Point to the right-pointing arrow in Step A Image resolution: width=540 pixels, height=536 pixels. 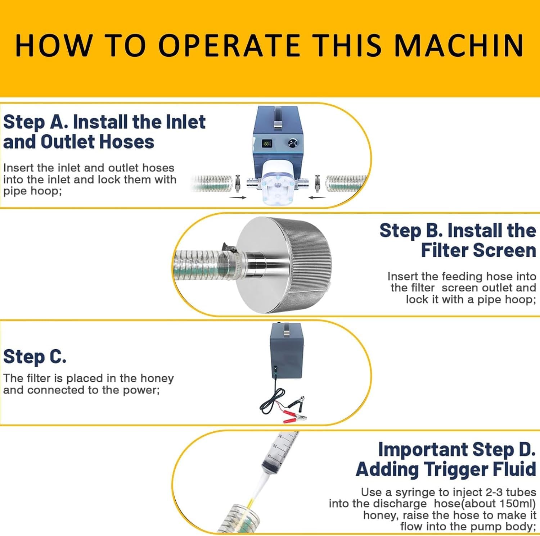click(x=238, y=197)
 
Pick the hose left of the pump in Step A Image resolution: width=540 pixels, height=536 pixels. click(x=212, y=183)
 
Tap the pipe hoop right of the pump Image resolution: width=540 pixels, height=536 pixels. click(x=318, y=183)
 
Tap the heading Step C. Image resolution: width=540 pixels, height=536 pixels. click(x=35, y=357)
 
